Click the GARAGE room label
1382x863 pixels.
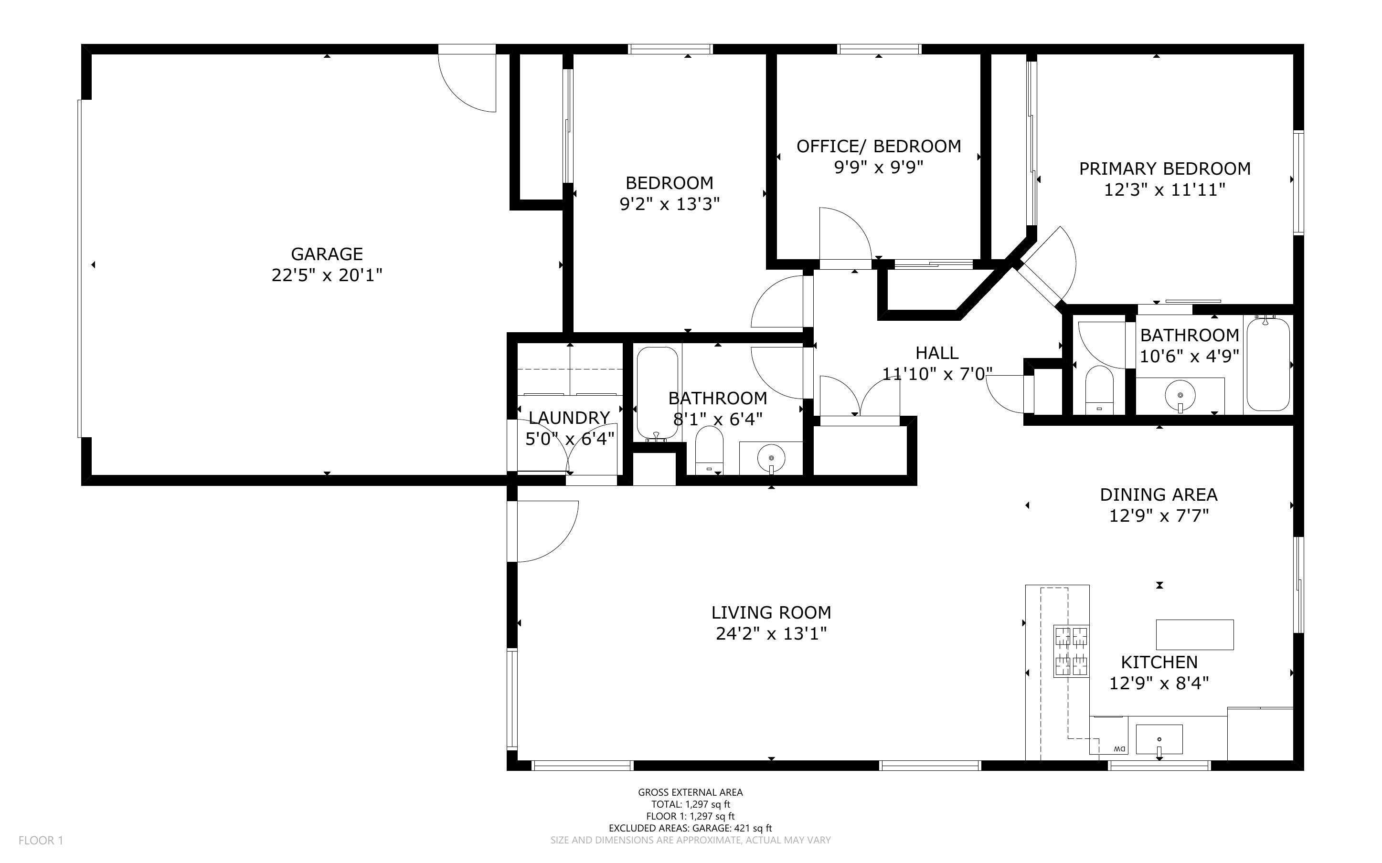coord(327,254)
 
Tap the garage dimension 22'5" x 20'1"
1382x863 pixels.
coord(327,275)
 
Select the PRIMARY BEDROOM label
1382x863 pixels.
coord(1165,169)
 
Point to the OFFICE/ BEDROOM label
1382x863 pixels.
coord(879,147)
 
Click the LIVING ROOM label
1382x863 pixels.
coord(771,612)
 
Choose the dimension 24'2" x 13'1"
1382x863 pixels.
coord(771,633)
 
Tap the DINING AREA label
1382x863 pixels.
coord(1159,495)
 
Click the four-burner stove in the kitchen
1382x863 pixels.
coord(1071,651)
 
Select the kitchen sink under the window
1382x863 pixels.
coord(1159,740)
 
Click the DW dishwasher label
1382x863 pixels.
coord(1119,749)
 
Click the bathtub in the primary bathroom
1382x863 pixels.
coord(1268,364)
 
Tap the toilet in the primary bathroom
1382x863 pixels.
coord(1099,390)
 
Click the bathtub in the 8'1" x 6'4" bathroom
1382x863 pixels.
coord(658,394)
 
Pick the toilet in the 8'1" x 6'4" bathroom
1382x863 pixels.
coord(709,450)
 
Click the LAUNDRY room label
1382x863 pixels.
coord(569,418)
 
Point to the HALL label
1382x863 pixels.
coord(937,353)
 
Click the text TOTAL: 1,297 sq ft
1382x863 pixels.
coord(690,804)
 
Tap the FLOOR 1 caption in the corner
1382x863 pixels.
coord(41,840)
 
